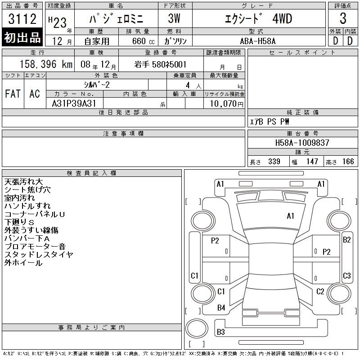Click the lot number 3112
point(22,18)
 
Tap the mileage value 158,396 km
point(46,64)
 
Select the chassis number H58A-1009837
point(302,143)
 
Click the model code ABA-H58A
point(257,41)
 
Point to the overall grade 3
point(343,18)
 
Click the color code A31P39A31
point(74,103)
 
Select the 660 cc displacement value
point(143,41)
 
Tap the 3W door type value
point(174,18)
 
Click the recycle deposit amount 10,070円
point(226,104)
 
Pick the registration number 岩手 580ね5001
point(160,64)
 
